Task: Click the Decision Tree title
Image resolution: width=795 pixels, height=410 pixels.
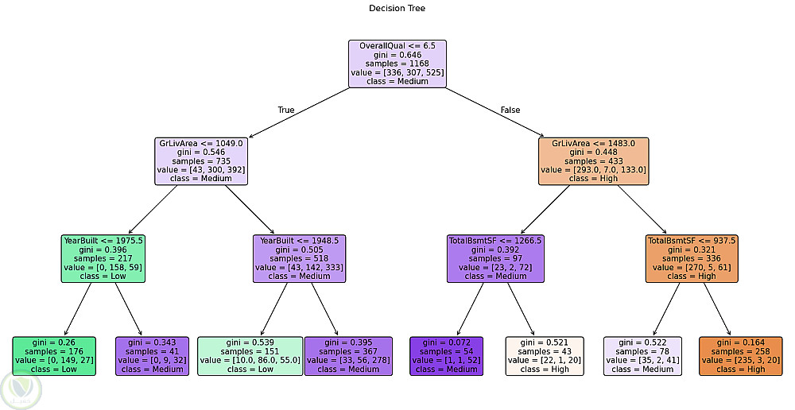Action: pos(397,8)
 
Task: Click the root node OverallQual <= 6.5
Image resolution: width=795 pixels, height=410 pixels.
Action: pos(397,64)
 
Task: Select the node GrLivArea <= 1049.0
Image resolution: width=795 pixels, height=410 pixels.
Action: pos(201,161)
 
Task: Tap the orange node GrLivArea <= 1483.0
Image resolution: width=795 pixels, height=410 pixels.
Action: pos(594,161)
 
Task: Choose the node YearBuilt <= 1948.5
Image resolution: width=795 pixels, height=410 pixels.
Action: pos(300,258)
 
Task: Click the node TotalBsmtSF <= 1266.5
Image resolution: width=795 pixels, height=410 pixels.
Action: pos(495,258)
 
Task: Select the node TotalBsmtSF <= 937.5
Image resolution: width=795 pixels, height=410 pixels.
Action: pos(692,258)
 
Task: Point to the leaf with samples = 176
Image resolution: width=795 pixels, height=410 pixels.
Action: pos(54,355)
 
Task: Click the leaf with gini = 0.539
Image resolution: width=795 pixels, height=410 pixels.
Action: pos(250,355)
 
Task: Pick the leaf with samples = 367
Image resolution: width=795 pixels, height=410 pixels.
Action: pos(348,355)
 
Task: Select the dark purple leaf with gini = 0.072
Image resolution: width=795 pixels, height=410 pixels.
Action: pos(447,355)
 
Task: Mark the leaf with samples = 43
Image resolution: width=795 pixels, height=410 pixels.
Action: pos(545,355)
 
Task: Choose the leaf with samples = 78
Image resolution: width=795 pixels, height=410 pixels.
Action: pos(642,355)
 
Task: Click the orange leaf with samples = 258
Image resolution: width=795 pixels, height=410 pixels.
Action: pos(741,355)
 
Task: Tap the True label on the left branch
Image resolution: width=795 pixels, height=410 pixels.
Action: pos(285,110)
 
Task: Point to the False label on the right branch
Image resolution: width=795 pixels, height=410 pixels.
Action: pos(510,110)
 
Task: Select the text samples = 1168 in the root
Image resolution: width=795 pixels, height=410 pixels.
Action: pos(397,64)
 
